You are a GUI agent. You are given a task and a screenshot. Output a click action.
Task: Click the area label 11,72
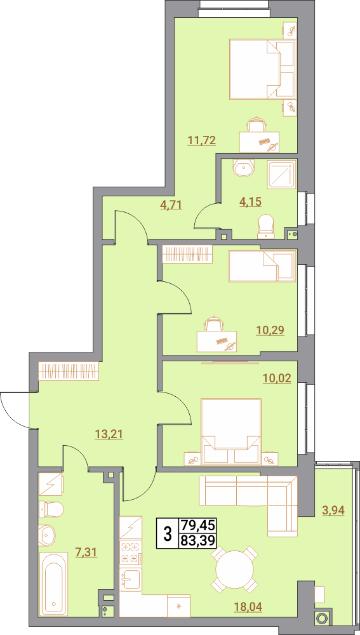(201, 140)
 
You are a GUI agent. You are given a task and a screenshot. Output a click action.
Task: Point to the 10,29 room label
(270, 330)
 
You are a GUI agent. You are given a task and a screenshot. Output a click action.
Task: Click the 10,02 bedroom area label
(277, 380)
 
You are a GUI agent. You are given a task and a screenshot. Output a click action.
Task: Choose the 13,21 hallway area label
(109, 434)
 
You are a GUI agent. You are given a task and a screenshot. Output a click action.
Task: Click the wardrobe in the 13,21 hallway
(69, 371)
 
